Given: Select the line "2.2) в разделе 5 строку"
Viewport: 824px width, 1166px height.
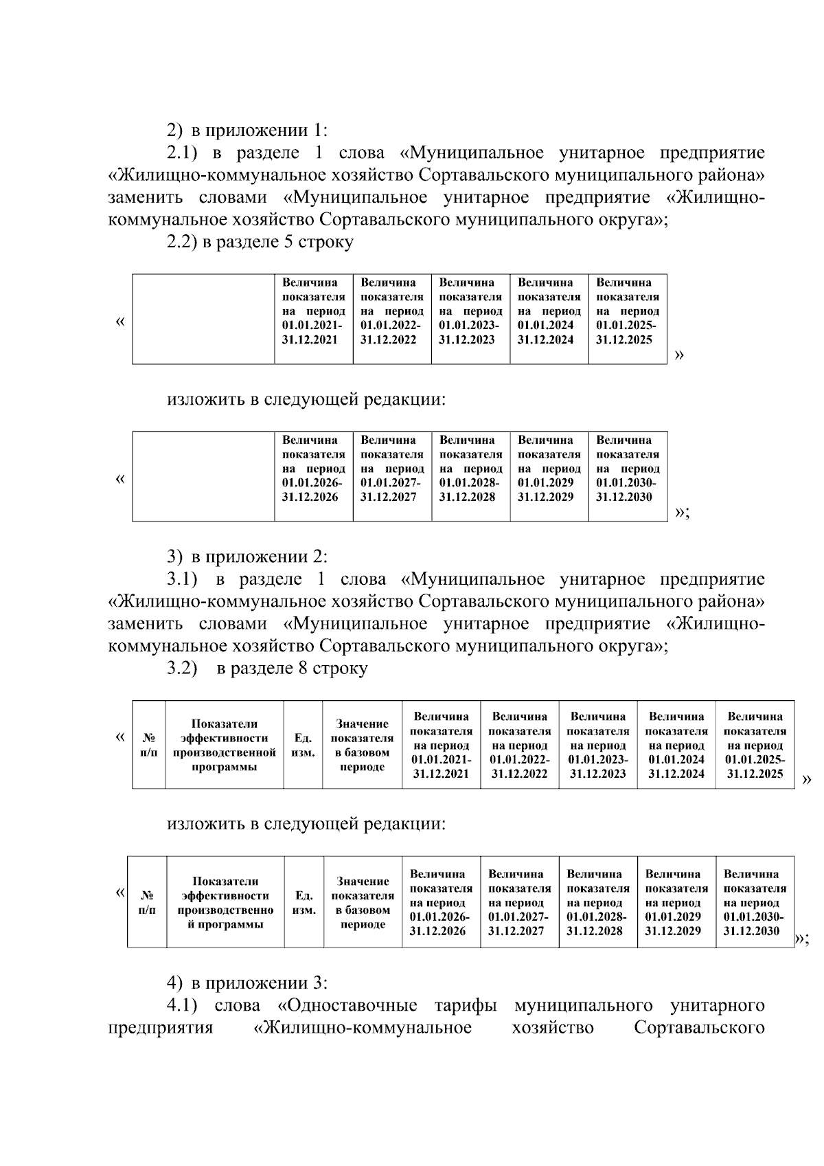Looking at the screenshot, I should pyautogui.click(x=260, y=243).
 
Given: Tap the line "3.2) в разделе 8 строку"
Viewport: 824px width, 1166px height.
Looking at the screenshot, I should pyautogui.click(x=267, y=669).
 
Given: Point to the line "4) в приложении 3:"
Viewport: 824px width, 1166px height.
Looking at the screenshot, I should pyautogui.click(x=247, y=984).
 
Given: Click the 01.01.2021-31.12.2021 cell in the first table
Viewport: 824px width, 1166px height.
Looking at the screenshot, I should pyautogui.click(x=313, y=318).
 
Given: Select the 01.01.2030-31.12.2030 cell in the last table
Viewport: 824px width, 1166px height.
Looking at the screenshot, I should pyautogui.click(x=754, y=902).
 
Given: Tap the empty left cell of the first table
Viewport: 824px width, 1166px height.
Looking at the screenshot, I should pyautogui.click(x=203, y=318).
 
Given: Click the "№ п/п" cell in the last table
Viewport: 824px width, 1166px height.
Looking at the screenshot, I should pyautogui.click(x=147, y=902).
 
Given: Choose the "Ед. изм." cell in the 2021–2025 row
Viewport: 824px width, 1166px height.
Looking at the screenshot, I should pyautogui.click(x=303, y=745).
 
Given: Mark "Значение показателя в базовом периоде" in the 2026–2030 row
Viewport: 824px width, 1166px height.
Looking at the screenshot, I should pyautogui.click(x=363, y=902).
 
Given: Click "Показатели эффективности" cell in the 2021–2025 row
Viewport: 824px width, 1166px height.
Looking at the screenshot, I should pyautogui.click(x=224, y=745).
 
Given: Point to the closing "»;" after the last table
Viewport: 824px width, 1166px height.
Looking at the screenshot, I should pyautogui.click(x=801, y=939).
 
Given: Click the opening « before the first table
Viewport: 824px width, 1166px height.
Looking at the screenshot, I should pyautogui.click(x=120, y=322).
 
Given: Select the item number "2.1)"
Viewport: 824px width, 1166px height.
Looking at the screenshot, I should pyautogui.click(x=183, y=153).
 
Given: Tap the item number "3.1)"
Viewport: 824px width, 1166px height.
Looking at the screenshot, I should pyautogui.click(x=183, y=579).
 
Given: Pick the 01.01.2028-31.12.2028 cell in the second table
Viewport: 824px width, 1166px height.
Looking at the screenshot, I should pyautogui.click(x=470, y=475).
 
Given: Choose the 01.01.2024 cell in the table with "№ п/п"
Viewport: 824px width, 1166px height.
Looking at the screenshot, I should pyautogui.click(x=676, y=745).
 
